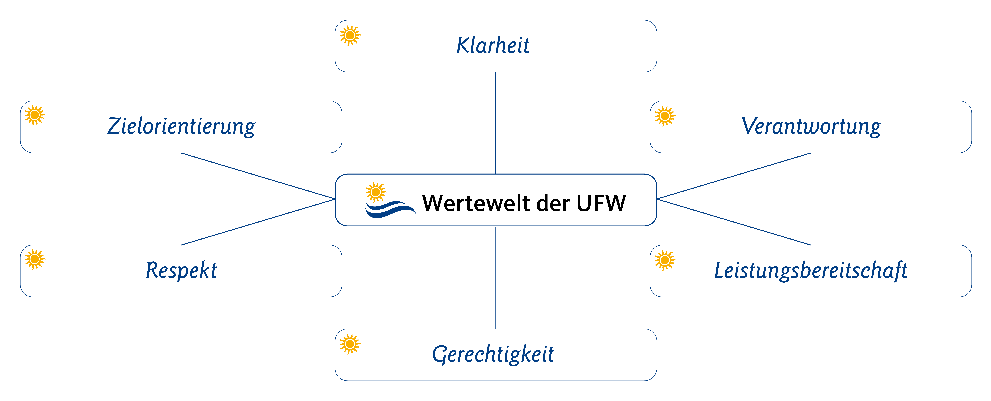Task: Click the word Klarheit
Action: point(493,45)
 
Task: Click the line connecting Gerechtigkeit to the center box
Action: point(496,278)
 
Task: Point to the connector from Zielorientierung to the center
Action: point(258,176)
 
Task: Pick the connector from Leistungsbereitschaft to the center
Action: point(734,222)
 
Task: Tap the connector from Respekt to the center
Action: point(258,222)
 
